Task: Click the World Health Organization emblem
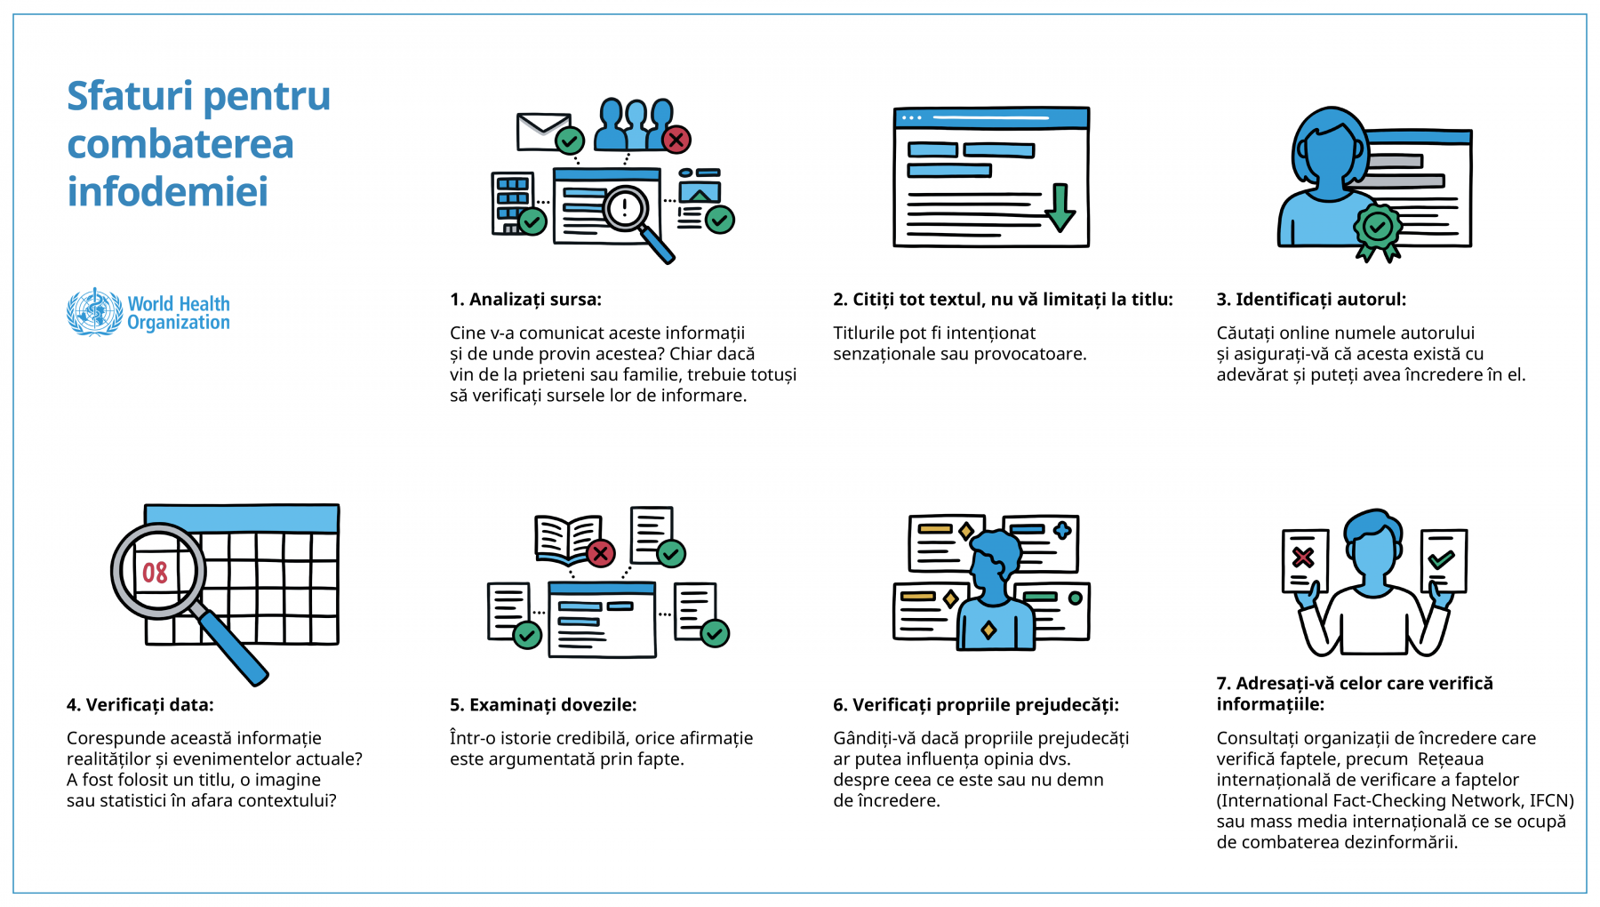[94, 312]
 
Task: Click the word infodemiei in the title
[168, 191]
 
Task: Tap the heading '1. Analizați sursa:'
[525, 300]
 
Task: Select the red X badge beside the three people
[676, 139]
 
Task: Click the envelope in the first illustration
[543, 132]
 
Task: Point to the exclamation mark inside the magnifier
[625, 208]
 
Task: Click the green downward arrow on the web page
[1060, 207]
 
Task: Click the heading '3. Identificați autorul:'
[1311, 300]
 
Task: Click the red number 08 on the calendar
[155, 573]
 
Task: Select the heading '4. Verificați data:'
[140, 705]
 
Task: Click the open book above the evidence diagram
[567, 539]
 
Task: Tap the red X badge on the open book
[601, 553]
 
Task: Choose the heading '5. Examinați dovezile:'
[543, 705]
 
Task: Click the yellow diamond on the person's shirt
[988, 630]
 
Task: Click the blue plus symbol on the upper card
[1061, 531]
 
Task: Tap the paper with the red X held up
[1305, 561]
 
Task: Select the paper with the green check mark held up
[1444, 561]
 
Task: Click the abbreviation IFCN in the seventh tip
[1549, 800]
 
